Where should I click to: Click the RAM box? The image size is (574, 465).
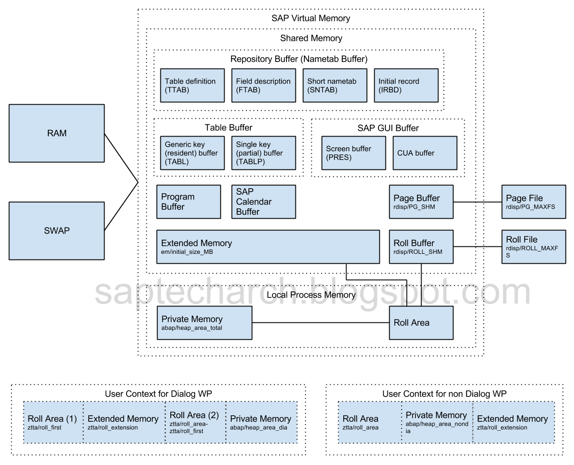(x=57, y=133)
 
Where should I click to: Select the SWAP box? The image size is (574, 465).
(x=57, y=231)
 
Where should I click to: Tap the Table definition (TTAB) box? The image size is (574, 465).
(x=192, y=85)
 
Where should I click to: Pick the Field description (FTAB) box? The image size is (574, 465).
(x=264, y=85)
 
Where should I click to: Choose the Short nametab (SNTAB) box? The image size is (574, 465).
(x=335, y=85)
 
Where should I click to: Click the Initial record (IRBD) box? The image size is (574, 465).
(x=406, y=85)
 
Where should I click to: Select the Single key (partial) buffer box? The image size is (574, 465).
(x=264, y=153)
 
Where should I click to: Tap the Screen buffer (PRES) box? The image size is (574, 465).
(x=354, y=153)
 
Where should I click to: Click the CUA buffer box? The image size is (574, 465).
(x=425, y=153)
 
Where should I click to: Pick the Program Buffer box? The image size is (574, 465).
(x=189, y=202)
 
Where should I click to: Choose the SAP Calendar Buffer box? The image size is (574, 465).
(x=264, y=202)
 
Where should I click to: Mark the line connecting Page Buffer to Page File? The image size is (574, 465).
(x=477, y=202)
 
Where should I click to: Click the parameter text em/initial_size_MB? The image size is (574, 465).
(x=188, y=252)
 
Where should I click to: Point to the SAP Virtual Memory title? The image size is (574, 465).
(x=310, y=19)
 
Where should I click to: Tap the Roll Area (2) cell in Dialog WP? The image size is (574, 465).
(x=195, y=422)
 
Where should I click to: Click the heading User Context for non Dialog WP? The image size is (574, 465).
(x=445, y=394)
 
